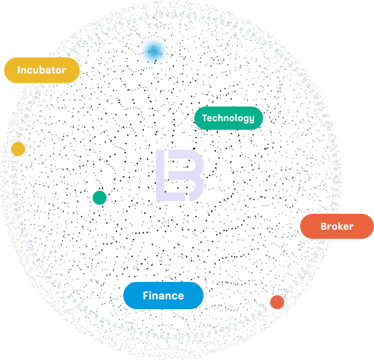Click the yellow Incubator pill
pyautogui.click(x=42, y=70)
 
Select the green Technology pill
pyautogui.click(x=228, y=118)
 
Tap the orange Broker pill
pyautogui.click(x=337, y=226)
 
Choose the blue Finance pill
pyautogui.click(x=164, y=295)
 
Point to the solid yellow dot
pyautogui.click(x=18, y=149)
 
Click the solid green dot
pyautogui.click(x=100, y=198)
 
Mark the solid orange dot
pyautogui.click(x=277, y=302)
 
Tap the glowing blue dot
pyautogui.click(x=153, y=52)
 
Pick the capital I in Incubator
pyautogui.click(x=19, y=70)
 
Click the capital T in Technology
pyautogui.click(x=205, y=118)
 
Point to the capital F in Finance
pyautogui.click(x=146, y=296)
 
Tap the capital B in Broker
pyautogui.click(x=324, y=226)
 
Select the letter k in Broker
pyautogui.click(x=338, y=226)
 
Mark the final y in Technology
pyautogui.click(x=251, y=119)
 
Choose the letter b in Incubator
pyautogui.click(x=43, y=70)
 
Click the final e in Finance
pyautogui.click(x=180, y=297)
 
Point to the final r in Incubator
pyautogui.click(x=64, y=71)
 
